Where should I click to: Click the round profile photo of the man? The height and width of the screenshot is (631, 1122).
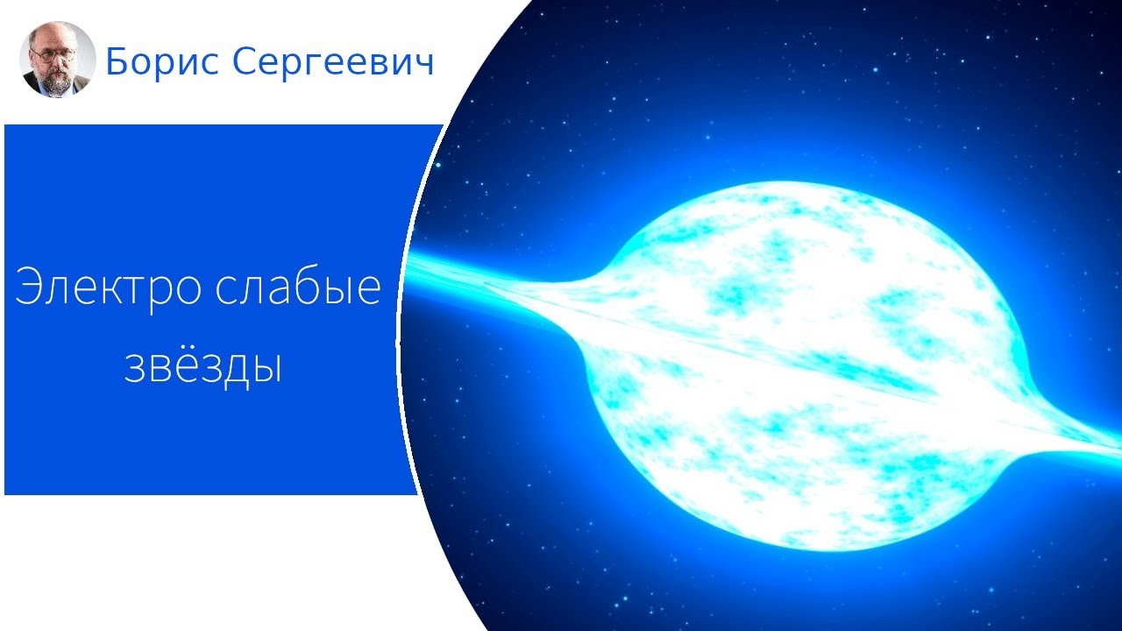pyautogui.click(x=58, y=59)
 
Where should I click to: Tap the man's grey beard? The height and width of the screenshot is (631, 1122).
pyautogui.click(x=54, y=76)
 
